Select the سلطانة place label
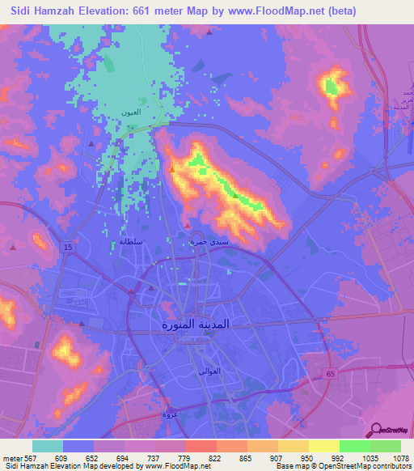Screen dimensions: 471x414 [131, 241]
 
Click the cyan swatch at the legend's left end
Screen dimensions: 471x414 [48, 446]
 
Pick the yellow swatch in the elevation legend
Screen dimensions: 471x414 [324, 446]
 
